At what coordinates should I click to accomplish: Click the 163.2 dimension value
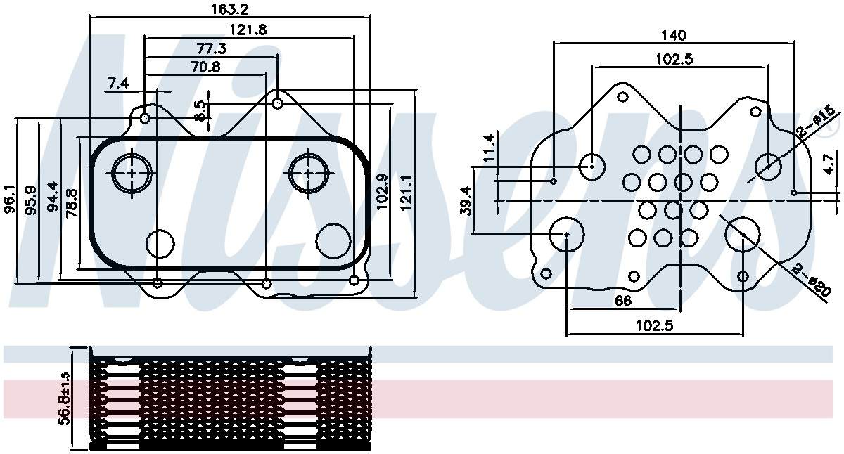click(x=229, y=9)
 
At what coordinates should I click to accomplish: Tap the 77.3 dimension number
click(x=211, y=48)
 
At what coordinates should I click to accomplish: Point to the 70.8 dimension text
click(x=205, y=67)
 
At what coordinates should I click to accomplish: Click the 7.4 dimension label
click(x=118, y=84)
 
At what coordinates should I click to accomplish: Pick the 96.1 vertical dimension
click(x=9, y=200)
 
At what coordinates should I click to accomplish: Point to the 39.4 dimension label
click(x=465, y=200)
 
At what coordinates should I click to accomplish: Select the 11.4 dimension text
click(x=488, y=148)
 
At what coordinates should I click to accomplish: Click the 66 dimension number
click(x=623, y=301)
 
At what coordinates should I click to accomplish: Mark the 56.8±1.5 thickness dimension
click(x=65, y=398)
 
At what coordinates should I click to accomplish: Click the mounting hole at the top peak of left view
click(x=278, y=103)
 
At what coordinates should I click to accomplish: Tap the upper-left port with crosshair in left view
click(x=131, y=171)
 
